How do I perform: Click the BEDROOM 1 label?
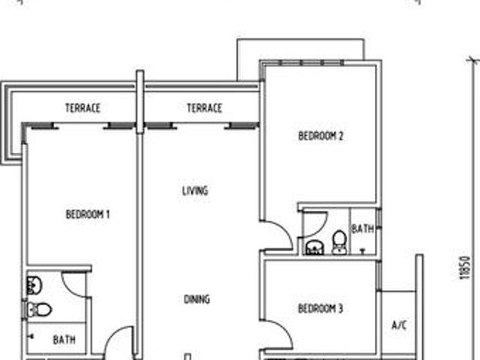pos(88,214)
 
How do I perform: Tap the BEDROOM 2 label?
pos(320,136)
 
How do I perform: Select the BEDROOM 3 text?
pos(320,308)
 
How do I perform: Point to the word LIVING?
pos(195,191)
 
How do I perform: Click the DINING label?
pos(197,300)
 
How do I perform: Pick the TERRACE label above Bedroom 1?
pos(82,109)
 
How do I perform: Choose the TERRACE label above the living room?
pos(204,109)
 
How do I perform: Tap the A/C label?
pos(399,325)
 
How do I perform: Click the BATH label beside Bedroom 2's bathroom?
pos(363,229)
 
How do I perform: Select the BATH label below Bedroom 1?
pos(64,340)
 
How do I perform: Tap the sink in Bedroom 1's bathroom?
pos(34,284)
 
